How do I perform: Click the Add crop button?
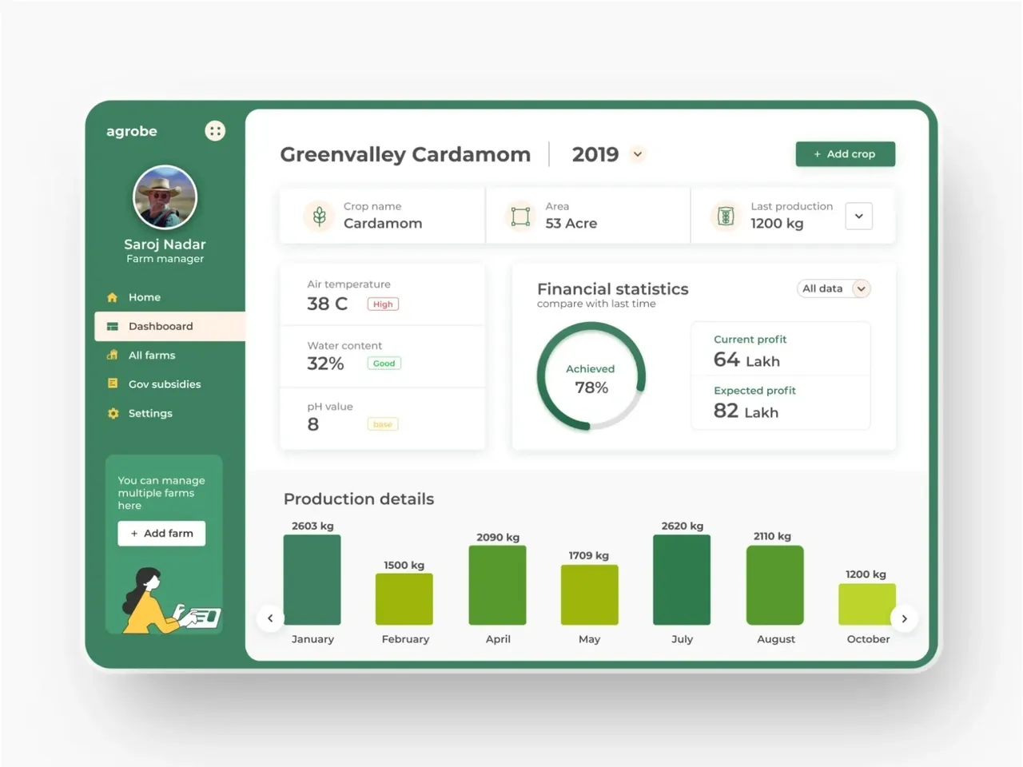(x=845, y=154)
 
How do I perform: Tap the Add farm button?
(x=161, y=533)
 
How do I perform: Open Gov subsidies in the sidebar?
(x=164, y=384)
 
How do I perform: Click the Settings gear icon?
(x=113, y=413)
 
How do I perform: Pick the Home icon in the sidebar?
(x=113, y=297)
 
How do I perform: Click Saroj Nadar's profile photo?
(x=165, y=197)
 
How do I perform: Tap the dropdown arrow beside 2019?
(x=638, y=154)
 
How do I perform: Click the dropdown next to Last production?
(x=858, y=216)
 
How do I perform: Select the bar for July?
(x=682, y=579)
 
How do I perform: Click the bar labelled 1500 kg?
(x=404, y=598)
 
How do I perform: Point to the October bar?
(x=866, y=604)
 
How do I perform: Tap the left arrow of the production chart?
(x=270, y=618)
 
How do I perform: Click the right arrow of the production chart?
(x=904, y=618)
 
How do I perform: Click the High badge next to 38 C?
(x=383, y=304)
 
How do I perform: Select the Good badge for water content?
(x=384, y=364)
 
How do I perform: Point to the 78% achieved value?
(x=591, y=387)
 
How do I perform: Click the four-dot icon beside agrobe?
(x=215, y=131)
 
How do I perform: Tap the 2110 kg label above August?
(x=772, y=536)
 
